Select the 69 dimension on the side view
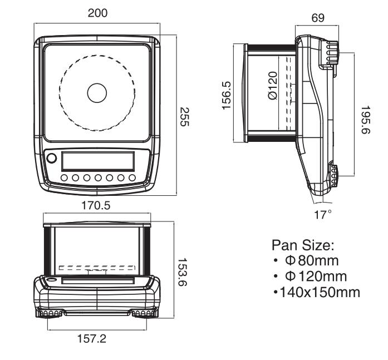point(317,18)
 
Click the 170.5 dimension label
point(96,205)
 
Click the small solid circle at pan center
point(97,92)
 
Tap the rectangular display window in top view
point(97,161)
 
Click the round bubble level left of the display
point(52,158)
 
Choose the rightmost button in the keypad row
point(132,178)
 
